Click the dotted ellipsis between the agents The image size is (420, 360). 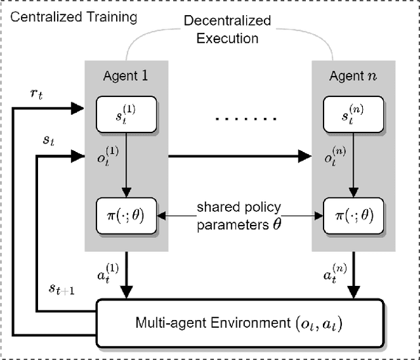(239, 119)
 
